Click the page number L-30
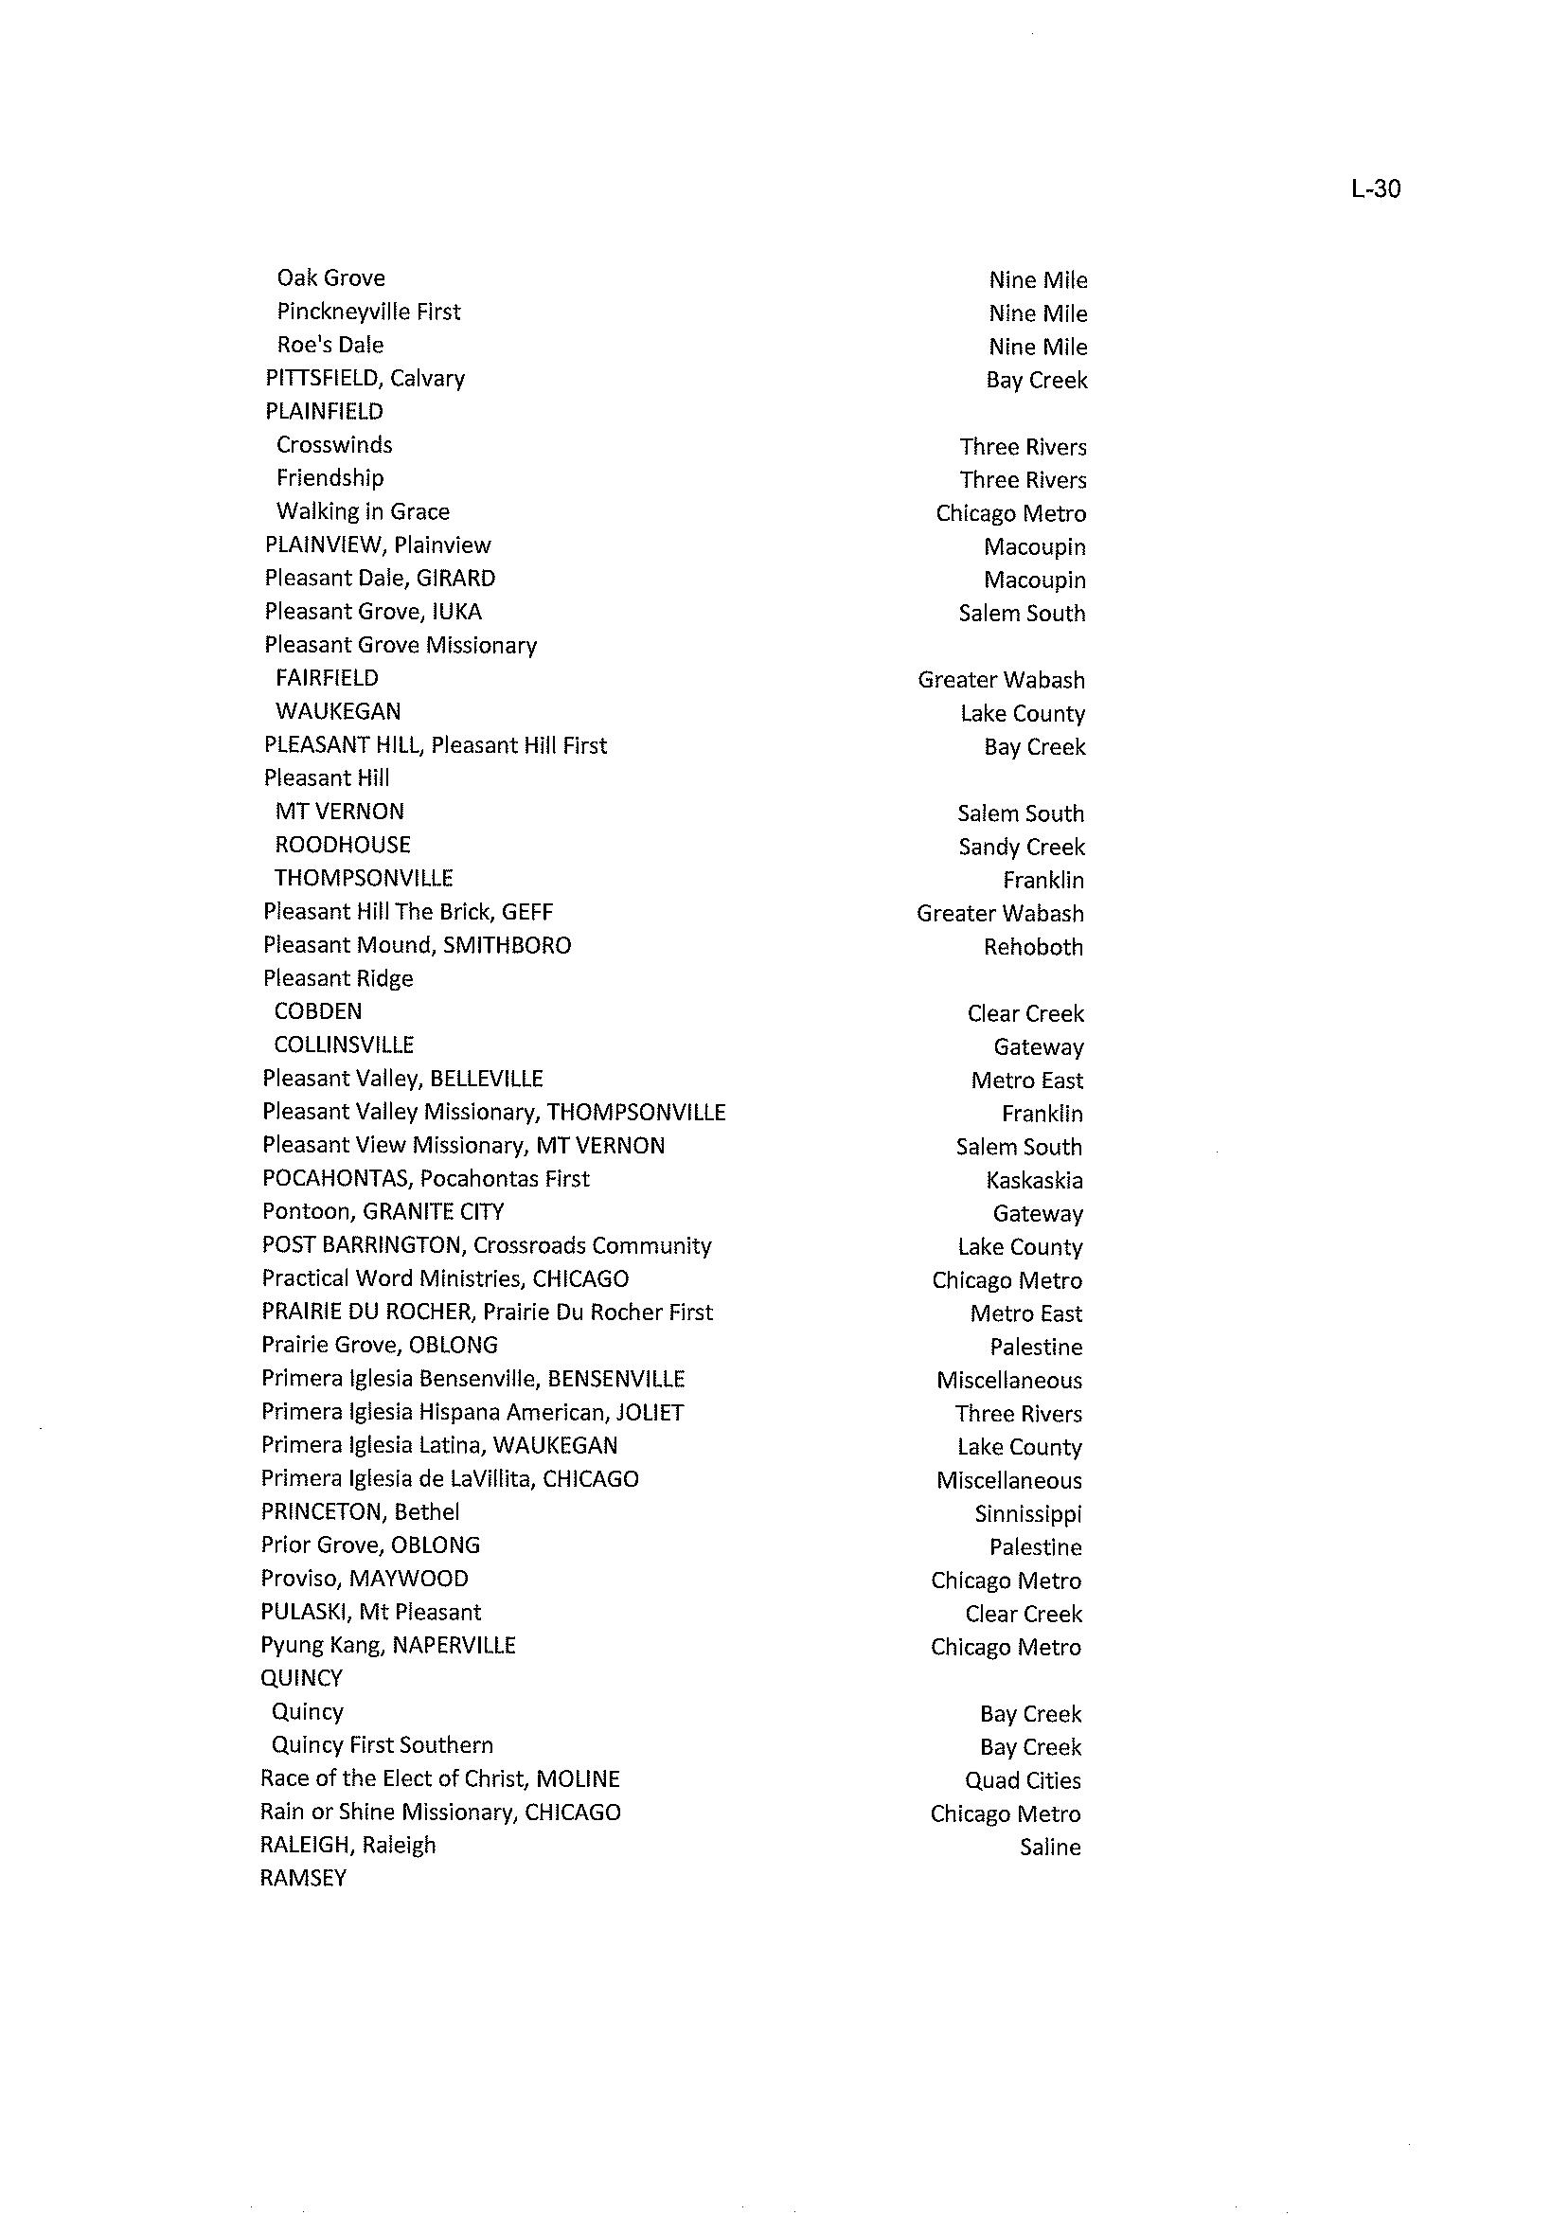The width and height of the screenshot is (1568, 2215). (x=1375, y=189)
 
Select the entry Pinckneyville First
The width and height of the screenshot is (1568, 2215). (x=368, y=312)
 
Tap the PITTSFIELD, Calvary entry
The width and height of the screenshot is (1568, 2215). (x=364, y=379)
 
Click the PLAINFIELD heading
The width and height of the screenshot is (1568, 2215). (x=324, y=411)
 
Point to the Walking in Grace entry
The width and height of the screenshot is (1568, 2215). (x=362, y=511)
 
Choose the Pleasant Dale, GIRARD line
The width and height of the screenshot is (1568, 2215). (x=380, y=579)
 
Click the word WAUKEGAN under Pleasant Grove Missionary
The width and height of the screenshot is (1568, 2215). (x=337, y=711)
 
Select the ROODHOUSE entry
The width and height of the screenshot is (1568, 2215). (x=342, y=845)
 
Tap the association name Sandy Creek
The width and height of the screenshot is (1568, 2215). (x=1021, y=847)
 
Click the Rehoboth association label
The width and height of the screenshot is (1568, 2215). (x=1032, y=947)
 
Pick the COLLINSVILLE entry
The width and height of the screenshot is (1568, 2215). (x=344, y=1045)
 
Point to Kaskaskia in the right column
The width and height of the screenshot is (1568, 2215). (x=1033, y=1180)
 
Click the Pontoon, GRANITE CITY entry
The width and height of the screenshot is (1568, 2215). (x=383, y=1212)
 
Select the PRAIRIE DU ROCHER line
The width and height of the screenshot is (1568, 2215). (x=487, y=1313)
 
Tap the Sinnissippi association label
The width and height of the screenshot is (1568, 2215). (x=1027, y=1514)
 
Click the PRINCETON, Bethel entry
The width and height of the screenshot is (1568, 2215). (x=359, y=1512)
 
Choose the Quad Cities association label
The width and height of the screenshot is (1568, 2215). (x=1022, y=1780)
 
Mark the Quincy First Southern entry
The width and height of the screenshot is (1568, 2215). (x=382, y=1744)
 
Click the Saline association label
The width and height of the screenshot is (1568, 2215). (x=1049, y=1848)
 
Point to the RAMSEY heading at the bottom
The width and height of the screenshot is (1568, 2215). (x=302, y=1878)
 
